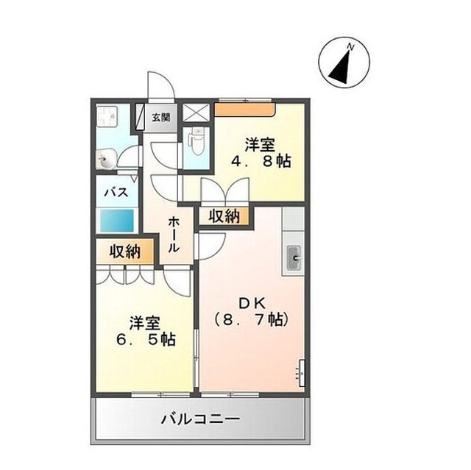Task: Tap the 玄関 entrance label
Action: coord(161,117)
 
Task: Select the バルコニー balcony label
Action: coord(200,420)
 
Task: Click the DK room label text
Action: coord(249,301)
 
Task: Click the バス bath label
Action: coord(116,193)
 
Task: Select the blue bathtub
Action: coord(117,219)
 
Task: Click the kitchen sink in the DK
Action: coord(294,259)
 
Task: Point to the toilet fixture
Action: coord(196,140)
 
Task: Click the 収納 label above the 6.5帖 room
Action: coord(125,251)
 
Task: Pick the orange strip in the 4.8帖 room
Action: coord(244,110)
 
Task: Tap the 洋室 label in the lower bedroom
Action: coord(144,322)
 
